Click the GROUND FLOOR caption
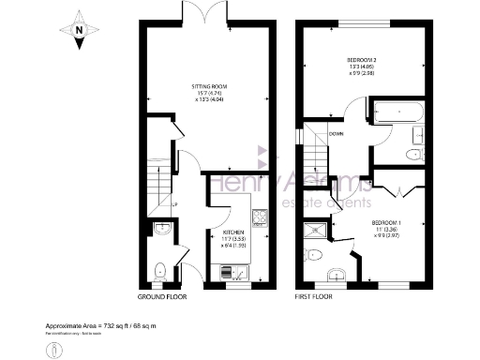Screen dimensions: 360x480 (x=162, y=295)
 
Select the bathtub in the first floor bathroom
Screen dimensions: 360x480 (x=398, y=116)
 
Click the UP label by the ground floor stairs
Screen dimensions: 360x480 (x=174, y=203)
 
